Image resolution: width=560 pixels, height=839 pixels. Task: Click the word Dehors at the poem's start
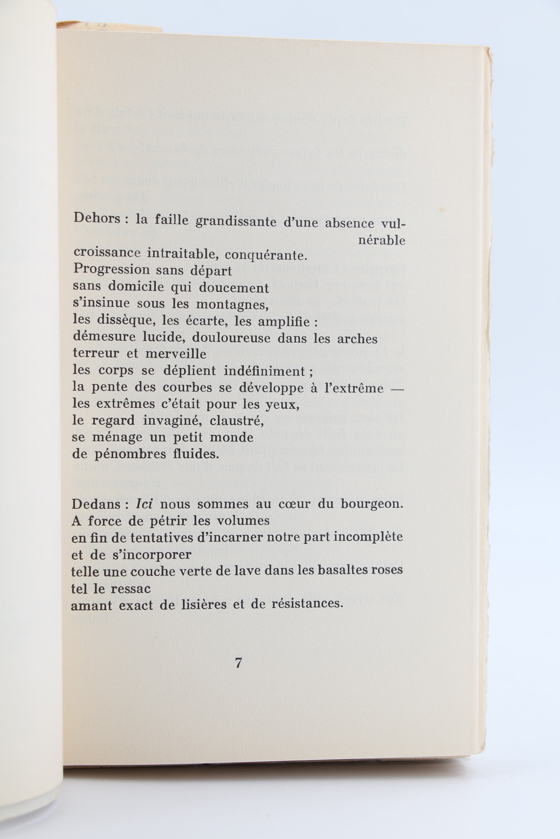[96, 218]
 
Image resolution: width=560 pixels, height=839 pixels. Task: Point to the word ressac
[131, 588]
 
